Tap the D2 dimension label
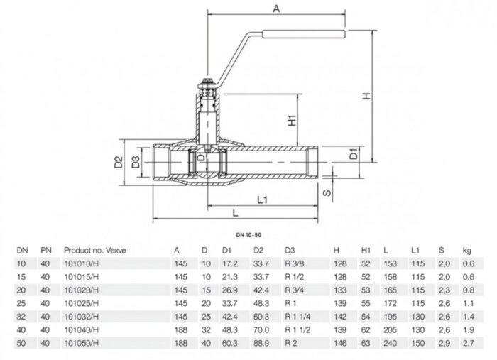coord(119,164)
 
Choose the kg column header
coord(466,250)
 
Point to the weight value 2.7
coord(466,342)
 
